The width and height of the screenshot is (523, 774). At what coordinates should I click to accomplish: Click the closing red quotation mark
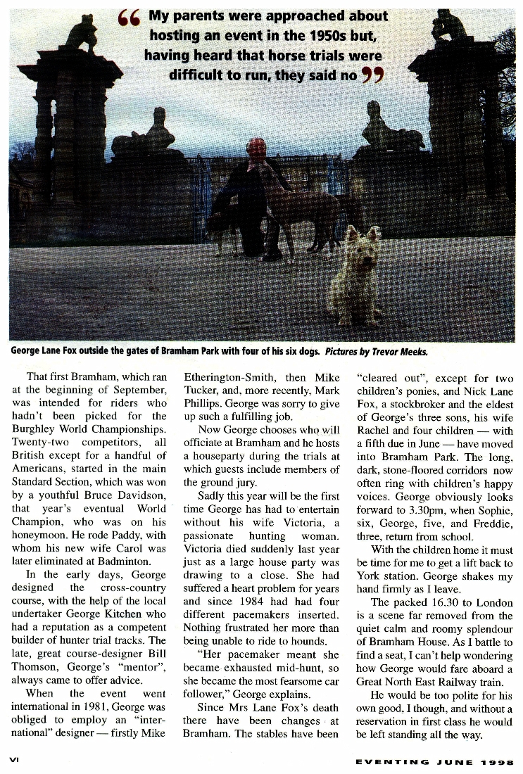tap(373, 73)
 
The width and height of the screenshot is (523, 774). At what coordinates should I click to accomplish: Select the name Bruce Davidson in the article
tap(125, 495)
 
